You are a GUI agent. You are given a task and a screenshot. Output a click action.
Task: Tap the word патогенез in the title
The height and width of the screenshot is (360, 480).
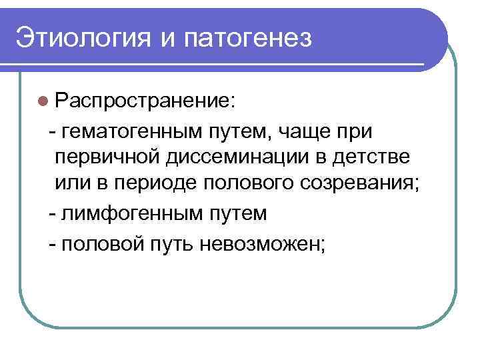(253, 38)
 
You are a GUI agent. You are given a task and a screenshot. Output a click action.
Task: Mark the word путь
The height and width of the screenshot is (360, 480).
(168, 244)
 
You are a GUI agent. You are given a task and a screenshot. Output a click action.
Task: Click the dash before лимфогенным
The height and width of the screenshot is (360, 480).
(52, 214)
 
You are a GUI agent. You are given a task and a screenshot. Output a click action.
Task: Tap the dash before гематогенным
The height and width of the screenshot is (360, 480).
(52, 132)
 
